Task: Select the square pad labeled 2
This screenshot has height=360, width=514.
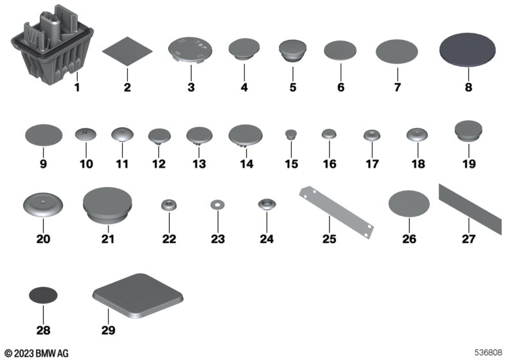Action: click(x=127, y=51)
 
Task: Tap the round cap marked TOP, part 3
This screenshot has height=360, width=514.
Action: click(x=190, y=50)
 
